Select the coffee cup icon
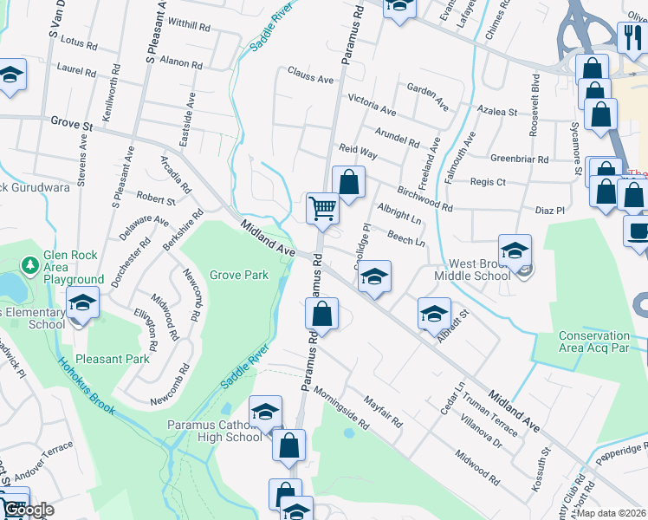[x=638, y=231]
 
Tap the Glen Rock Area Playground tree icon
[x=30, y=263]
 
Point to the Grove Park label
[x=238, y=276]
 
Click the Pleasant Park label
[x=113, y=357]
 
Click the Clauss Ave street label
[x=310, y=79]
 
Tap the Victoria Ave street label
[x=371, y=105]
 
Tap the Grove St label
[x=71, y=125]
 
